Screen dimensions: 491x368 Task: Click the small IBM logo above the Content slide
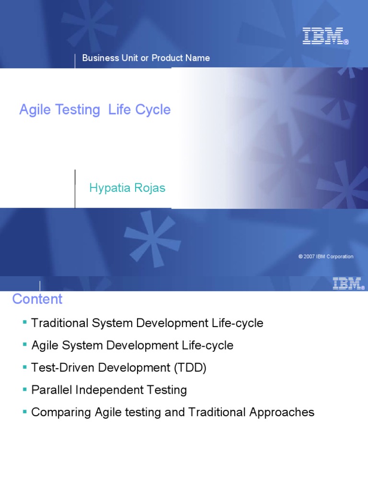(346, 284)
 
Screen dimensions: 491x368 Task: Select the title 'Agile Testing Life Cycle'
(95, 110)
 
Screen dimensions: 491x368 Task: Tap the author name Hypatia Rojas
(127, 188)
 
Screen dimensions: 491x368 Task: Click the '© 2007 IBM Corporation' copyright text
(325, 257)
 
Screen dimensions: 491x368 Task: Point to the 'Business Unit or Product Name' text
(146, 58)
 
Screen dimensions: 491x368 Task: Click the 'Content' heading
(37, 299)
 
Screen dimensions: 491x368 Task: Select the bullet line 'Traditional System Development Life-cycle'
(147, 323)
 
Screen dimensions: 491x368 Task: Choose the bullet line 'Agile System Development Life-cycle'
(132, 345)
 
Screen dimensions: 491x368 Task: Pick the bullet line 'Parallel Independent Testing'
(109, 390)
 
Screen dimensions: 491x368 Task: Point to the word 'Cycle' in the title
(152, 110)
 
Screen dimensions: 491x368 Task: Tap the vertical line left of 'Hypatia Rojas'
(75, 188)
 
